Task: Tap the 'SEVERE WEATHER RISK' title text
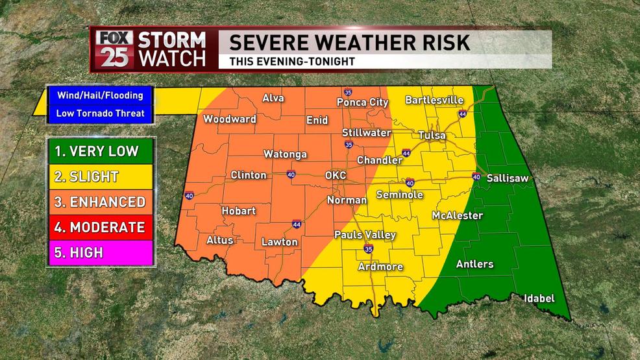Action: pos(349,43)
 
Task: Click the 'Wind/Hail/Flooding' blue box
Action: pos(100,95)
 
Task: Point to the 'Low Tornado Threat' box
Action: pos(100,114)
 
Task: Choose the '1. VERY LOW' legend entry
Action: pos(100,152)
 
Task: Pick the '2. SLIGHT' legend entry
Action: pos(100,176)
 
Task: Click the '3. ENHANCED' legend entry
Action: pos(100,202)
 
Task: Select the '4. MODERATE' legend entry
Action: pos(100,227)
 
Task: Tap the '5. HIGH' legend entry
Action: pos(100,252)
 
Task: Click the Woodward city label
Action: pos(230,119)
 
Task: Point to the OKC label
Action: pos(336,176)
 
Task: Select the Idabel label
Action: pos(539,298)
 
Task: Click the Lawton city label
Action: pos(280,242)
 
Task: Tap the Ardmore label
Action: pos(380,267)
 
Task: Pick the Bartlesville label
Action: pos(434,100)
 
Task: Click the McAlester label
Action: pos(458,215)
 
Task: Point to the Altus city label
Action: pos(219,240)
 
